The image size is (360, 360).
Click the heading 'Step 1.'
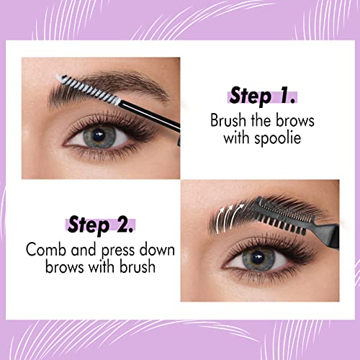click(264, 96)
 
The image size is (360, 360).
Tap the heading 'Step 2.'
click(102, 226)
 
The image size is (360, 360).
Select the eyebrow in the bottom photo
click(245, 216)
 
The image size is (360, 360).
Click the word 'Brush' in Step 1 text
click(228, 120)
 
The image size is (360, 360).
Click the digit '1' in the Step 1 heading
click(287, 96)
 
